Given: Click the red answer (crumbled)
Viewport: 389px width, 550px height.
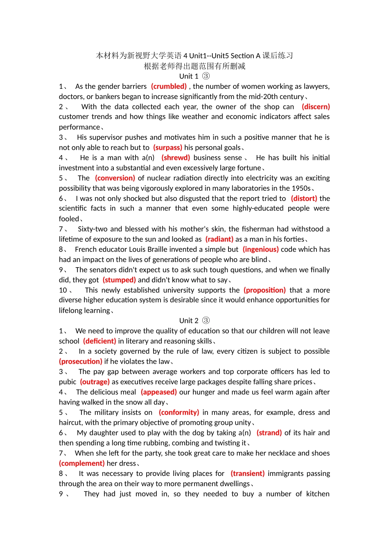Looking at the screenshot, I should tap(169, 86).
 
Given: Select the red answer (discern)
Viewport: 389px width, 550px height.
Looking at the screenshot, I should tap(316, 107).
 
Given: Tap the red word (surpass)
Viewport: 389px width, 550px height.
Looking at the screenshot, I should tap(167, 147).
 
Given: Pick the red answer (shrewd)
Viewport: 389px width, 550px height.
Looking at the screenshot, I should tap(176, 158).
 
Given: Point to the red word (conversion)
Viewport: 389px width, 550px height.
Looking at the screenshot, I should tap(115, 178).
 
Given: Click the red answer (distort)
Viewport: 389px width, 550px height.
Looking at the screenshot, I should tap(304, 198).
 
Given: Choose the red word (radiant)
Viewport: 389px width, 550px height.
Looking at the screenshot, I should tap(219, 239).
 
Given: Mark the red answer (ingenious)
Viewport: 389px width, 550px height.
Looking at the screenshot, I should tap(260, 249).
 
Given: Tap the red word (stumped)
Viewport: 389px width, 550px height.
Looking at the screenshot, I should tap(119, 280).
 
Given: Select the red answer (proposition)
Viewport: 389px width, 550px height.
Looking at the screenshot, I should tap(265, 290).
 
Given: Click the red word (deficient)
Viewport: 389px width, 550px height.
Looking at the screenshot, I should tap(100, 341).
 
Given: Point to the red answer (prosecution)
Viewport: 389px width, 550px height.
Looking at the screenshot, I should tap(81, 361).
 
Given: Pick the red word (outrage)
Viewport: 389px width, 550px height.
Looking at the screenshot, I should tap(95, 382).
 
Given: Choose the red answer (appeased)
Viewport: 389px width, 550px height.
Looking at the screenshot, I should tap(159, 392).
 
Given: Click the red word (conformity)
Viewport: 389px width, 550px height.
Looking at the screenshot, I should tap(179, 412).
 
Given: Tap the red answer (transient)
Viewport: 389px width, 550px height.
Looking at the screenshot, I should tap(247, 473).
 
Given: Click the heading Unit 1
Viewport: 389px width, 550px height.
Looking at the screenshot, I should tap(194, 76).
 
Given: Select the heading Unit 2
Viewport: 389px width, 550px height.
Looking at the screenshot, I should tap(194, 321).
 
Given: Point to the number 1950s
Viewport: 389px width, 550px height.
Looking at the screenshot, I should tap(301, 188).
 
